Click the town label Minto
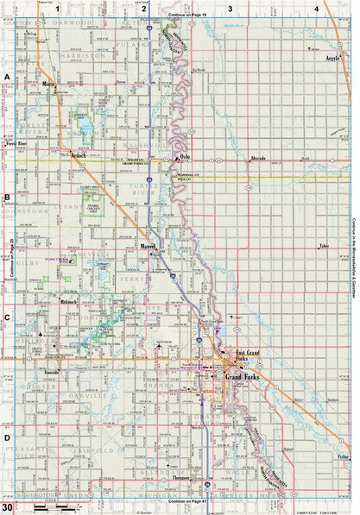coord(49,85)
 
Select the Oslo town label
coord(184,156)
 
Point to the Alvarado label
coord(257,159)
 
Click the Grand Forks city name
coord(243,378)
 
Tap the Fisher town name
coord(343,456)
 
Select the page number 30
coord(7,498)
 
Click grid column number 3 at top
coord(230,8)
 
